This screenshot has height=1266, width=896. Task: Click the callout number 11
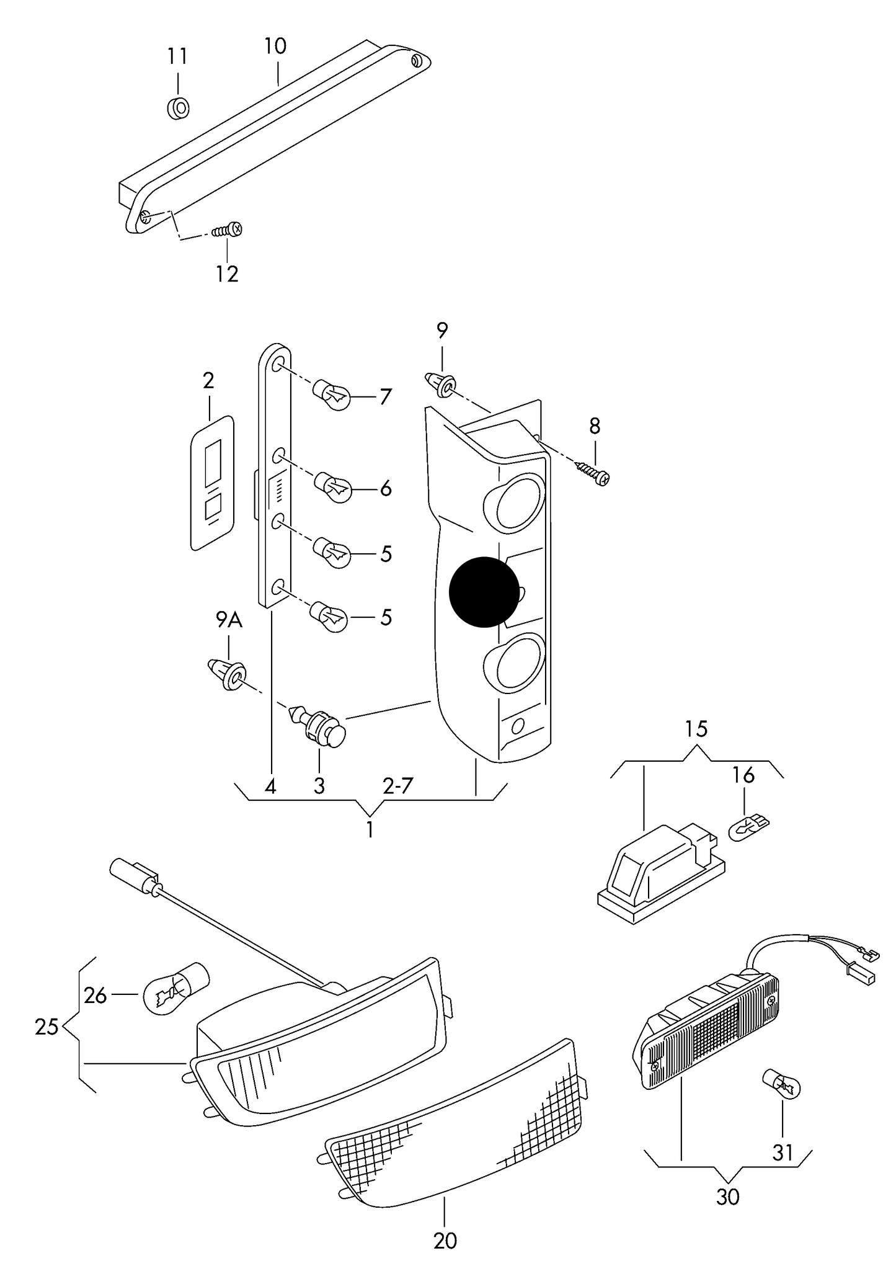(x=177, y=56)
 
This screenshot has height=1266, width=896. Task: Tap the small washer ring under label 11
(x=179, y=107)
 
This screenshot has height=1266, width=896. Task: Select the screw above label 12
(x=227, y=230)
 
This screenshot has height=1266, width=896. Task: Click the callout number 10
(x=275, y=46)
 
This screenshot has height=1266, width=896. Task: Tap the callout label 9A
(x=229, y=619)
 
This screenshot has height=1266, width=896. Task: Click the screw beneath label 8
(x=594, y=472)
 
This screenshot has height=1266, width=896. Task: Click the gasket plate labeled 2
(x=211, y=483)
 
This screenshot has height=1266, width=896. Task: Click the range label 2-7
(x=397, y=786)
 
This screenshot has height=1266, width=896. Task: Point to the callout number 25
(x=47, y=1027)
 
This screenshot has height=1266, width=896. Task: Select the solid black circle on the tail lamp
(x=484, y=592)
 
